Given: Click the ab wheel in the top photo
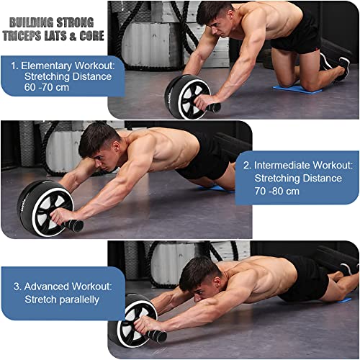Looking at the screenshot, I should point(186,96).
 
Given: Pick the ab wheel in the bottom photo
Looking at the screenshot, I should point(133,320).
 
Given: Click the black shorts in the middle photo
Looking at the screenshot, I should point(202,155).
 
